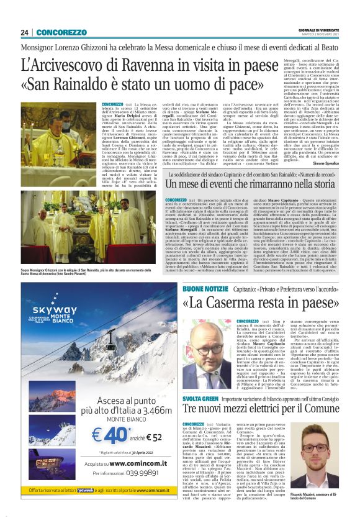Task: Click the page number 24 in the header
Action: click(x=25, y=32)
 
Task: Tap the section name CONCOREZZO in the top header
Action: click(x=61, y=32)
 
